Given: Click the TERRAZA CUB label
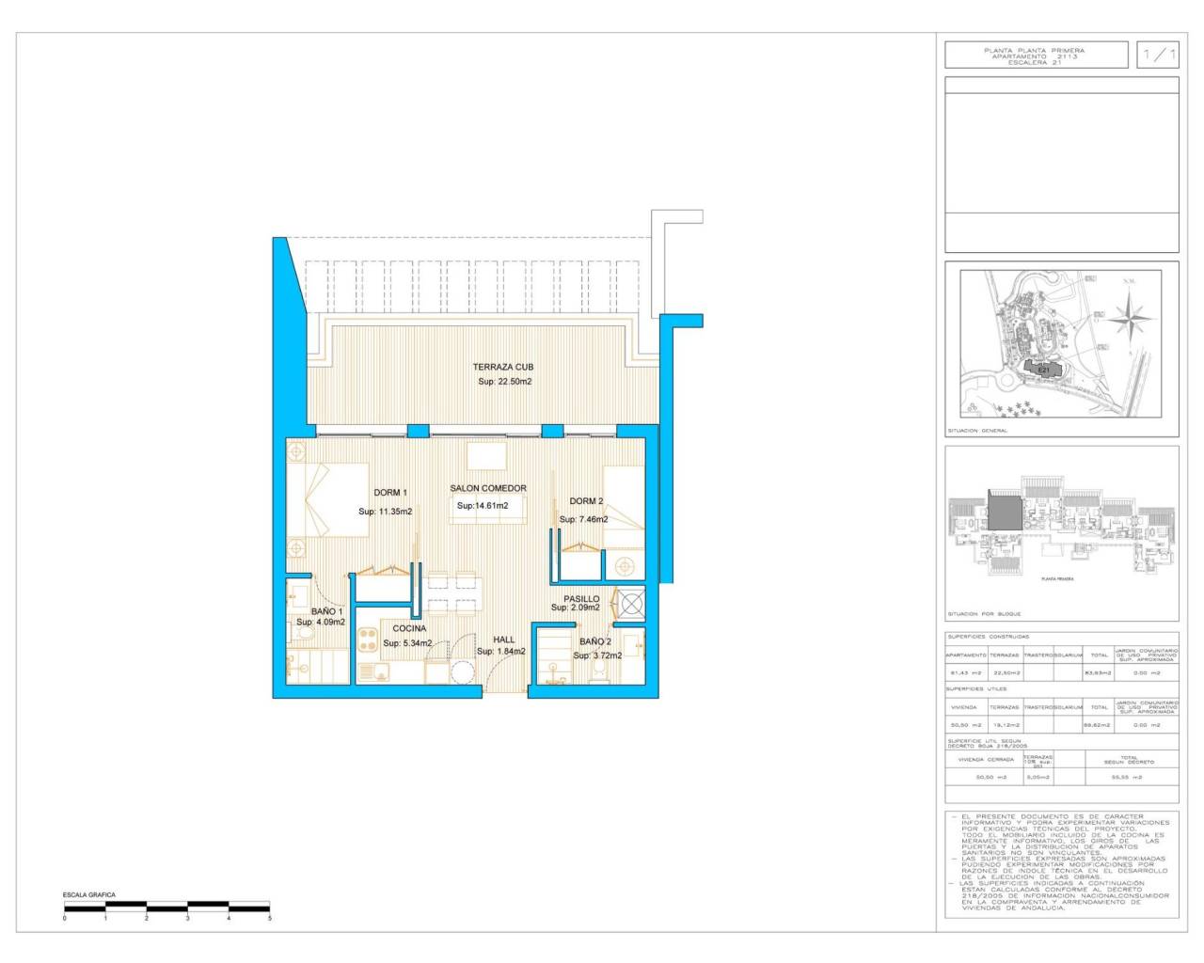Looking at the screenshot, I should click(503, 367).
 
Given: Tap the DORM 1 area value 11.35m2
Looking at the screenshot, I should click(386, 512).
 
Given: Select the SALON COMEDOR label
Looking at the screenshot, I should click(488, 488).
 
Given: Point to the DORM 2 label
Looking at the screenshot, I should click(586, 501).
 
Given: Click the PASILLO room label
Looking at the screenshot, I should click(581, 598).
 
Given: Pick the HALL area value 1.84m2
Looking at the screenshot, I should click(500, 651).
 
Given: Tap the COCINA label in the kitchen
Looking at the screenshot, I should click(409, 628).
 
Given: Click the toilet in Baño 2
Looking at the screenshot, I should click(599, 671).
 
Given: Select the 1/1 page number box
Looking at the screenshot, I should click(1158, 55).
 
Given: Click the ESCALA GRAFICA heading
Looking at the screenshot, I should click(88, 895).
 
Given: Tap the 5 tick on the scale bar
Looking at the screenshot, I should click(270, 918).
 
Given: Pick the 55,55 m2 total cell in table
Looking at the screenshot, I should click(1129, 778).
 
